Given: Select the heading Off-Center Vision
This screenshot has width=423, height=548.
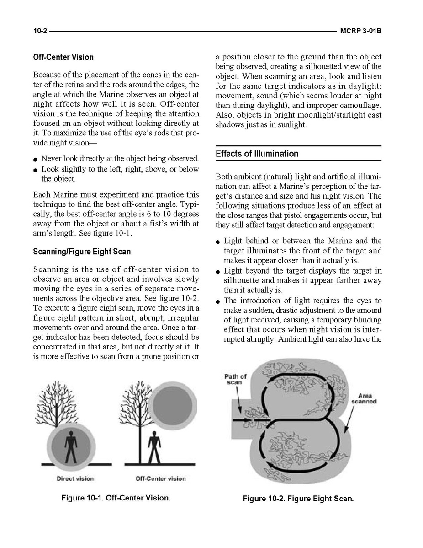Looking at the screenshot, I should pyautogui.click(x=63, y=58).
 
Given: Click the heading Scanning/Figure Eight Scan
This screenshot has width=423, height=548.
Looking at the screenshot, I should pyautogui.click(x=82, y=252).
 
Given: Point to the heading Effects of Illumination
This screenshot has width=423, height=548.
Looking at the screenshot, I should pyautogui.click(x=257, y=154).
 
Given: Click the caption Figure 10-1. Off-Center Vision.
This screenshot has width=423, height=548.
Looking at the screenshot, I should pyautogui.click(x=116, y=498).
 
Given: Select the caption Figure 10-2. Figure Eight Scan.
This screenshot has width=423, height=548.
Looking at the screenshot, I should pyautogui.click(x=298, y=498).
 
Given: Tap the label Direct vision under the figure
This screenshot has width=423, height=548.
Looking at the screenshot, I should pyautogui.click(x=75, y=478).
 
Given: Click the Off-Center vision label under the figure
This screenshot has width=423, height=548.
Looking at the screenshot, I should pyautogui.click(x=161, y=478).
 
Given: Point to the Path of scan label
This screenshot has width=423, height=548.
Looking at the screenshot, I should pyautogui.click(x=235, y=379).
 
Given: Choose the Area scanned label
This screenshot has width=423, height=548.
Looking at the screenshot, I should pyautogui.click(x=364, y=398).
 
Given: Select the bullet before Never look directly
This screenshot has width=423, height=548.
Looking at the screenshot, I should pyautogui.click(x=35, y=160).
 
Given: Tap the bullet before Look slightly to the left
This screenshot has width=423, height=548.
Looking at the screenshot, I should pyautogui.click(x=35, y=170).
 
